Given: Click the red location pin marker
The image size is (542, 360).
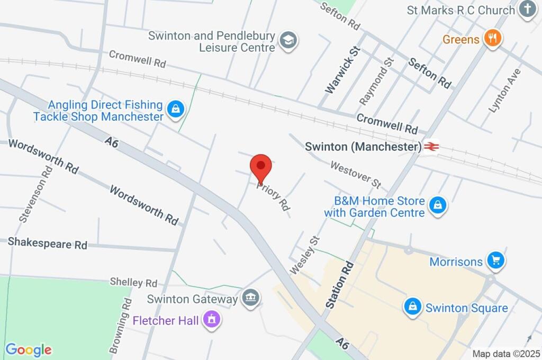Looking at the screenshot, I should click(260, 168).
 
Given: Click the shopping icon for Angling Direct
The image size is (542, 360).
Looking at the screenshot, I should click(174, 110).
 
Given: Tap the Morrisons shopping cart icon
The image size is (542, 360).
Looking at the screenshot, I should click(496, 260).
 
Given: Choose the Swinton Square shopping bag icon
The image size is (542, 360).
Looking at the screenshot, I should click(412, 307).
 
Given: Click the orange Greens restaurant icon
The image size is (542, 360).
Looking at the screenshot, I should click(493, 39).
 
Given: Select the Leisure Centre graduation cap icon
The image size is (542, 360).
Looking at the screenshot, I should click(288, 41).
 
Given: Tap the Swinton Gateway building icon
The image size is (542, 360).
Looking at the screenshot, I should click(250, 298).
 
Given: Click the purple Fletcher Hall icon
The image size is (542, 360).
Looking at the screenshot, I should click(212, 320).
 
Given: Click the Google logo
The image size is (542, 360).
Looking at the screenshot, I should click(29, 349).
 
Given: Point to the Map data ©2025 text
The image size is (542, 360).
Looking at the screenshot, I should click(506, 354).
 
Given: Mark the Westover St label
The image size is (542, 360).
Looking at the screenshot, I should click(356, 175).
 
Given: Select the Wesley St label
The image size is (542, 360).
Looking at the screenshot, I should click(306, 255).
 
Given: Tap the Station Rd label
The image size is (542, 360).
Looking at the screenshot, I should click(339, 284).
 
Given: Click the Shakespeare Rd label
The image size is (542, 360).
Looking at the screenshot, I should click(48, 244).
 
